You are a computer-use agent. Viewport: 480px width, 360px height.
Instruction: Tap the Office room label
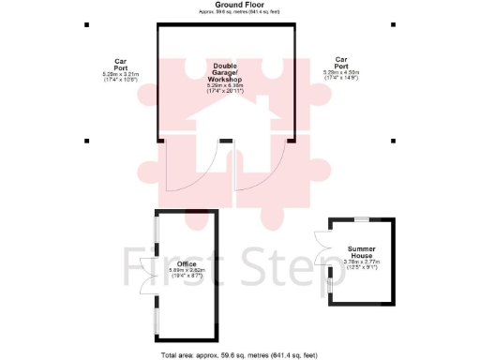(x=186, y=263)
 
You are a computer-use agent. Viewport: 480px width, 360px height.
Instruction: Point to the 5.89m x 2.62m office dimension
(x=186, y=273)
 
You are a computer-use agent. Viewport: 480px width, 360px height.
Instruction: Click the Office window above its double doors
(x=156, y=233)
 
